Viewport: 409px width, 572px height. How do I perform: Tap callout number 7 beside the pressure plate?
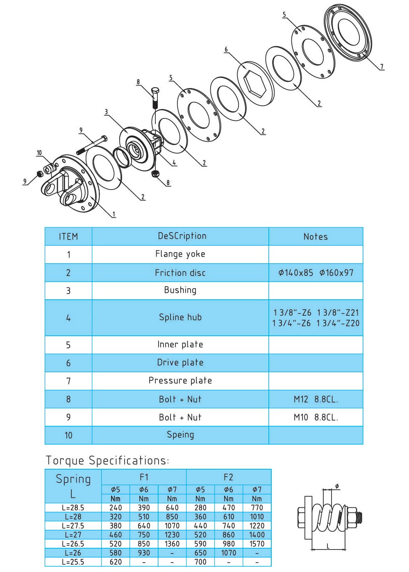tap(382, 66)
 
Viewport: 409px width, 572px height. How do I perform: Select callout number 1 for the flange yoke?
tap(114, 214)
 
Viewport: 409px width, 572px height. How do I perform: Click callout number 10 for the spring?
tap(39, 153)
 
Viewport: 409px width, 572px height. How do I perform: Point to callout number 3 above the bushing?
tap(107, 112)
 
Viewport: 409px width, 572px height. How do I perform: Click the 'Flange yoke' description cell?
tap(180, 254)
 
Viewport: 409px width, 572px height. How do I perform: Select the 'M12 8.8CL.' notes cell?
tap(316, 399)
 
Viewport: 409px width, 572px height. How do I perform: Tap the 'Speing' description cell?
tap(180, 435)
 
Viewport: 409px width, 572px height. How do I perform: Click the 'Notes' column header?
tap(316, 237)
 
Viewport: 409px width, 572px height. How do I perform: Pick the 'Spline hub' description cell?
tap(180, 317)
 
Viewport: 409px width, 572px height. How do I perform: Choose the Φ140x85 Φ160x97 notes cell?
tap(316, 273)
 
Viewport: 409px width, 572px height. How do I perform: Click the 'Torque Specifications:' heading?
tap(107, 461)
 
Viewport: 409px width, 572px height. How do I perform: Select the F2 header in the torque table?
tap(228, 477)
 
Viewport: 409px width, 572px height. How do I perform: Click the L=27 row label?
tap(73, 535)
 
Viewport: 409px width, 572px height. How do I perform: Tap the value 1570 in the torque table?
tap(257, 544)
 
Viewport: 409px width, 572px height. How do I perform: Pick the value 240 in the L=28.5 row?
tap(116, 508)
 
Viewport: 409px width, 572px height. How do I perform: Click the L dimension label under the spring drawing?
tap(328, 546)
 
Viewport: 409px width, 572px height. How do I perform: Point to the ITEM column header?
tap(68, 237)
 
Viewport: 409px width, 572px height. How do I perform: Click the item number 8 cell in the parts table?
tap(68, 399)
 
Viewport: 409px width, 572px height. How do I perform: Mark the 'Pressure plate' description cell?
tap(180, 381)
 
